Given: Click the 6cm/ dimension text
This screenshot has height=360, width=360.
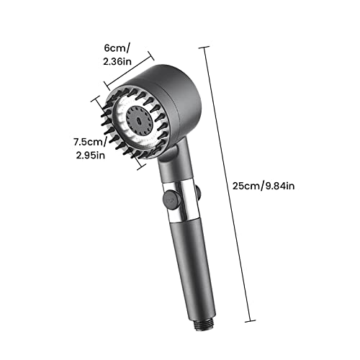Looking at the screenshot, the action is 117,48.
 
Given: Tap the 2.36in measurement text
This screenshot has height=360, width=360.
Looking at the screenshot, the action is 117,62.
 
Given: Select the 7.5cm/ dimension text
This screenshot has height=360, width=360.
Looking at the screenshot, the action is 90,142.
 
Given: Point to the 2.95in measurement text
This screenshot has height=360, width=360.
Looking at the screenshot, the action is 91,155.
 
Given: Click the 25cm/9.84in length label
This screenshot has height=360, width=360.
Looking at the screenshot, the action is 264,186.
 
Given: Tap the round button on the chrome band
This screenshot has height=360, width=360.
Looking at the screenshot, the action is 172,199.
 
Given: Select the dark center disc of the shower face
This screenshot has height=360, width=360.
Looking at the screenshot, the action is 139,120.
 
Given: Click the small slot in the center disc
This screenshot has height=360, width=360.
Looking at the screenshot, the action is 139,120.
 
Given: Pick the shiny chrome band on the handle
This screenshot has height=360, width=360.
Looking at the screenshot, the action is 181,201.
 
